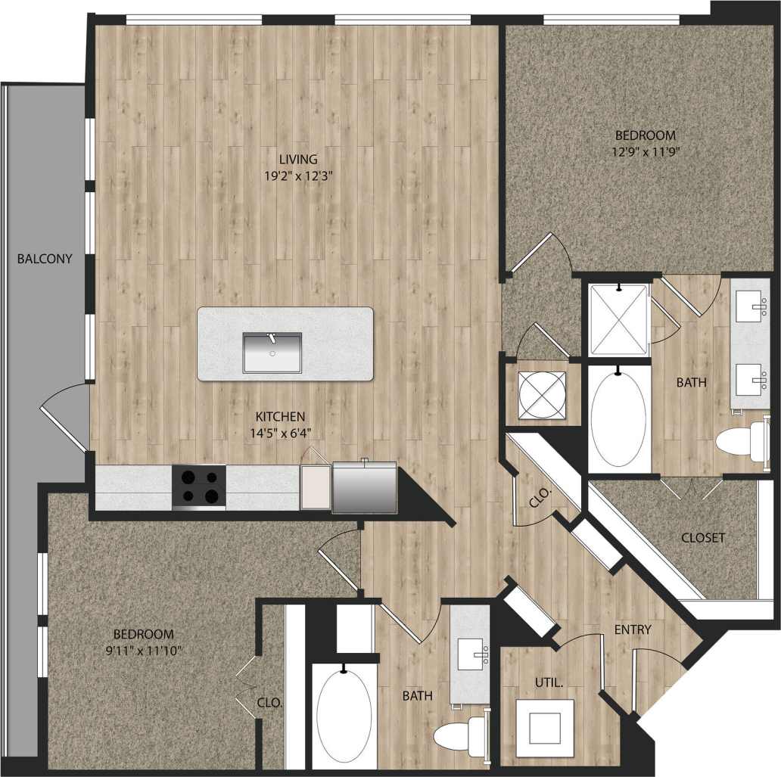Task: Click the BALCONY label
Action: pyautogui.click(x=45, y=259)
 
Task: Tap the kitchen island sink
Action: pyautogui.click(x=272, y=353)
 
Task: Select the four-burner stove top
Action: pyautogui.click(x=199, y=486)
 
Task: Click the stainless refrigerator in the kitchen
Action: pyautogui.click(x=365, y=486)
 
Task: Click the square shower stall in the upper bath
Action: pyautogui.click(x=619, y=319)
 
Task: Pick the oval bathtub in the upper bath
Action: pyautogui.click(x=619, y=418)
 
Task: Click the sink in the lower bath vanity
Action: pyautogui.click(x=471, y=649)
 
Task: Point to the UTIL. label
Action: pyautogui.click(x=549, y=682)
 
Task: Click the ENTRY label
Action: pyautogui.click(x=633, y=629)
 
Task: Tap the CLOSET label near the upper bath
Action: pyautogui.click(x=703, y=538)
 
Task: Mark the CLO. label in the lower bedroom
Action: pyautogui.click(x=269, y=702)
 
